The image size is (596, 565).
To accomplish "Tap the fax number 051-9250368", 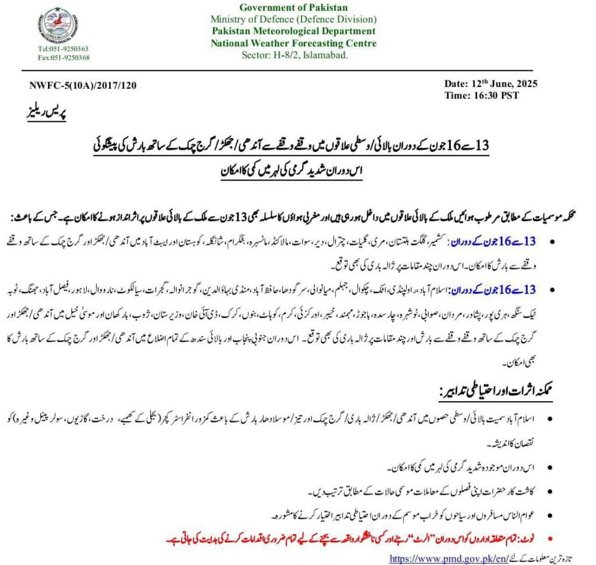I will tap(63, 57).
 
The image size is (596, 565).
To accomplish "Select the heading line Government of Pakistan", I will tap(294, 7).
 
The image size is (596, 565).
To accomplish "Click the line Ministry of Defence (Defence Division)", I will tap(294, 19).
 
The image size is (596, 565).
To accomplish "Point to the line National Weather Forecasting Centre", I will tap(294, 43).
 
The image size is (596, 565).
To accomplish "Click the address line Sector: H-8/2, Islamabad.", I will tap(294, 55).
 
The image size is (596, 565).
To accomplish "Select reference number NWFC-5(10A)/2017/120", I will tap(83, 85).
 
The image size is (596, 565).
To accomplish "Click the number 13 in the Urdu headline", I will tap(482, 146).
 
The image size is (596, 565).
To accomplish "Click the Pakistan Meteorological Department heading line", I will tap(294, 31).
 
